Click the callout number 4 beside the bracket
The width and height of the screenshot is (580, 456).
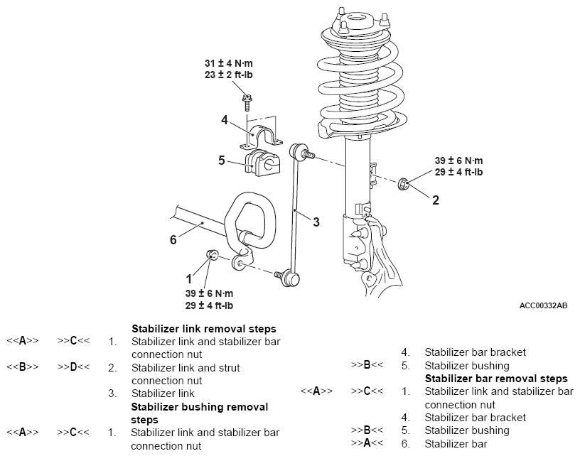coord(225,120)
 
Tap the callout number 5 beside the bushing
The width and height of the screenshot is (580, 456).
coord(222,161)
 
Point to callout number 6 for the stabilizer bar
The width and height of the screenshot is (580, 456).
coord(173,240)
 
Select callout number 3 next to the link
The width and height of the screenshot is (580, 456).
coord(316,222)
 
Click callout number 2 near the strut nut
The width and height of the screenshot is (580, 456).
coord(436,200)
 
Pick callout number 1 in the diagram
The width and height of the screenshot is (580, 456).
coord(189,278)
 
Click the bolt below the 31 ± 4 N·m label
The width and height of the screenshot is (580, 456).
coord(246,102)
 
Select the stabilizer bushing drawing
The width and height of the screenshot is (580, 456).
coord(262,163)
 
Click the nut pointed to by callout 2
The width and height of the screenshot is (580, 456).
coord(403,183)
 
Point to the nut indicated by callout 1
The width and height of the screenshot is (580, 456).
coord(212,254)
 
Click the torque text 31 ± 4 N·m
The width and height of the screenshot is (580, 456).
coord(229,63)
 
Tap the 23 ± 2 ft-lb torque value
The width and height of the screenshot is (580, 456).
coord(229,75)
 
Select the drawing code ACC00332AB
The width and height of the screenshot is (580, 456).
coord(543,305)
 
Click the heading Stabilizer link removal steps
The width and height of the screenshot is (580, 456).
coord(204,329)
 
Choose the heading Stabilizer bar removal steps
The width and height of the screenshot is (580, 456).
coord(496,379)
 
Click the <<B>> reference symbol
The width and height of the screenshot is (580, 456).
coord(23,367)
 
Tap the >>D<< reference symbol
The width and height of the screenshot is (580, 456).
coord(73,367)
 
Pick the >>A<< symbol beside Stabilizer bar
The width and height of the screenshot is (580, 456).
coord(367,443)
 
